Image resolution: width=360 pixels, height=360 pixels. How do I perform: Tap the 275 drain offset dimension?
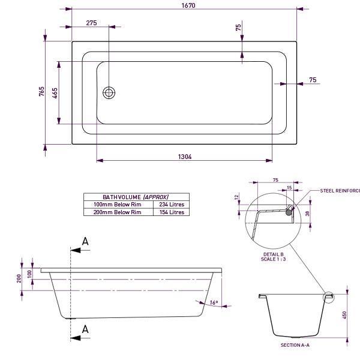tap(91, 23)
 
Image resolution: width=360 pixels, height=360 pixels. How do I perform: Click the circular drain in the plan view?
tap(109, 92)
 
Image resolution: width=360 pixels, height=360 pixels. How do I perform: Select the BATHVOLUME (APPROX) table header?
tap(136, 197)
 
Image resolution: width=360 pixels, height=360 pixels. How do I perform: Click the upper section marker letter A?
tap(85, 242)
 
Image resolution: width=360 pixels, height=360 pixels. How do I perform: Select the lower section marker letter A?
tap(85, 328)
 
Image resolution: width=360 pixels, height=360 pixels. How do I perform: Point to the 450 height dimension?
tap(344, 316)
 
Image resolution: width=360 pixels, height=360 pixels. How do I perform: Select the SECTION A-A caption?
tap(295, 346)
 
